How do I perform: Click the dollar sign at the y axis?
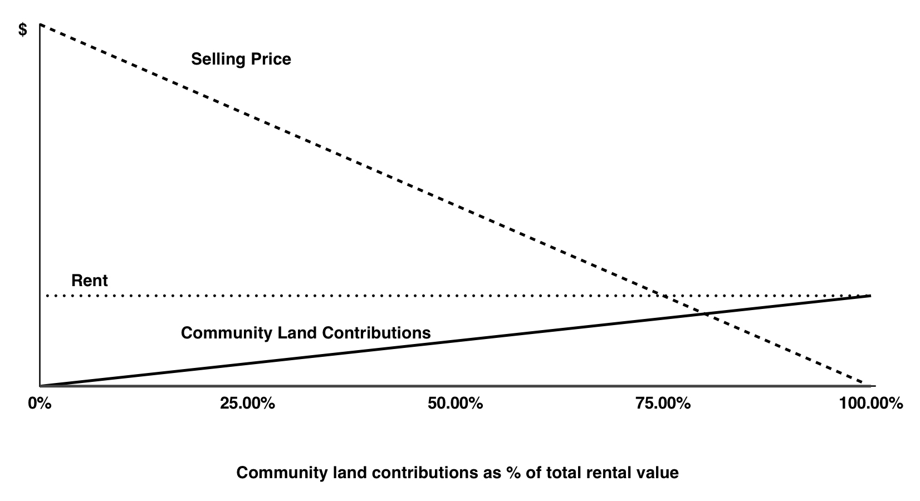[23, 30]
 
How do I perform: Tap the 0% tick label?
[40, 403]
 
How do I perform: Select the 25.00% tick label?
[247, 403]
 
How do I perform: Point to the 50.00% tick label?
[455, 403]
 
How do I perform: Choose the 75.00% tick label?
[663, 403]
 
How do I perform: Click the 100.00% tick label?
[871, 403]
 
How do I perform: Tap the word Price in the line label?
[271, 58]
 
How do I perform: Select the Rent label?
[90, 281]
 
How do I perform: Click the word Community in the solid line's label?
[227, 333]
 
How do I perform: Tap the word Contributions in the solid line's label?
[376, 333]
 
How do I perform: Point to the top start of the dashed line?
[40, 24]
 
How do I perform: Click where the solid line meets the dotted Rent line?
[870, 296]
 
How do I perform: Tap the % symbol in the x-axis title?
[513, 473]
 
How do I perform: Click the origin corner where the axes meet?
[40, 386]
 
